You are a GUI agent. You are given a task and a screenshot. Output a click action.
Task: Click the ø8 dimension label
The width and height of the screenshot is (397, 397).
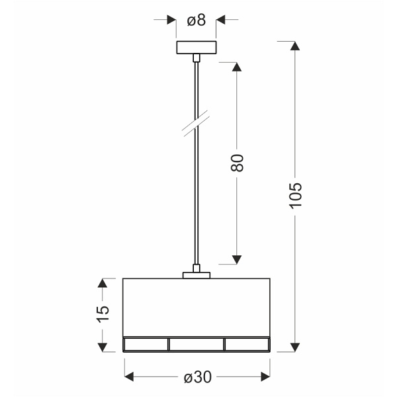click(197, 21)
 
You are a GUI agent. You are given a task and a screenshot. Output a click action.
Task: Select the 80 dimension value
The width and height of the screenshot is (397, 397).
click(238, 163)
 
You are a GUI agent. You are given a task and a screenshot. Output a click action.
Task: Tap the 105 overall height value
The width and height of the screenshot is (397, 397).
click(295, 195)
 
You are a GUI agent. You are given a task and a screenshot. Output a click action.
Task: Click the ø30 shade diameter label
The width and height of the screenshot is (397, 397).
click(197, 377)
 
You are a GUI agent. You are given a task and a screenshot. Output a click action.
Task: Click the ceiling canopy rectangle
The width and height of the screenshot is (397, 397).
click(196, 48)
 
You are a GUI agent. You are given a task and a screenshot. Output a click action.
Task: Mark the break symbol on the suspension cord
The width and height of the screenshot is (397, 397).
click(197, 124)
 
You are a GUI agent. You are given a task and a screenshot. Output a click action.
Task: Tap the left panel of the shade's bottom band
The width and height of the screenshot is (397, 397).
click(146, 344)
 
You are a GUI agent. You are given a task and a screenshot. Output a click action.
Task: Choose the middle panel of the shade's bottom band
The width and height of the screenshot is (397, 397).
click(197, 344)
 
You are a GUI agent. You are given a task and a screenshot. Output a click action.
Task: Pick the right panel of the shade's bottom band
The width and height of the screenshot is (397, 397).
click(247, 344)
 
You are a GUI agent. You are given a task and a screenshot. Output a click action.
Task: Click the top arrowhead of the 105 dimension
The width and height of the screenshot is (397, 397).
click(295, 47)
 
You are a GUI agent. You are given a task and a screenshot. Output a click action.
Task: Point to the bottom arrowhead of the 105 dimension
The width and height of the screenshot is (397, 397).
click(295, 346)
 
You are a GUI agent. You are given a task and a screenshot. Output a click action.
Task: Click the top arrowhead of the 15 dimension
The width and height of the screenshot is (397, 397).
click(101, 283)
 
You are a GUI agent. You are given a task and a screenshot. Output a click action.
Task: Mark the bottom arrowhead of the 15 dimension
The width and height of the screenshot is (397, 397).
click(101, 346)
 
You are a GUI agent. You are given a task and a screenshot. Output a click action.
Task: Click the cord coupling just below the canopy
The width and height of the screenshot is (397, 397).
click(196, 59)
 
